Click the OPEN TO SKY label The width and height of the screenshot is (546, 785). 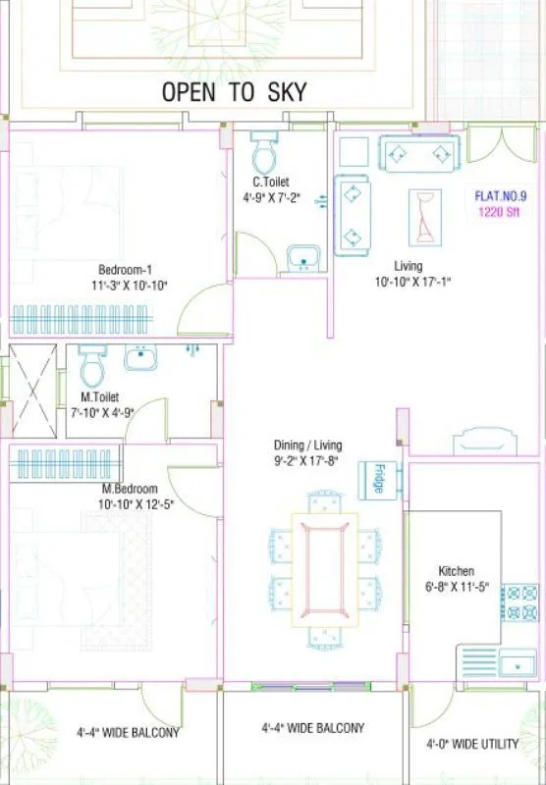click(234, 92)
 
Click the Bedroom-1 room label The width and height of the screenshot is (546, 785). click(125, 270)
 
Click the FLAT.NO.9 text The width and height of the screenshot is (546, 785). click(499, 195)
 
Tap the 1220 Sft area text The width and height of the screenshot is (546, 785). click(499, 210)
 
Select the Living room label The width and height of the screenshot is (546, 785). click(408, 266)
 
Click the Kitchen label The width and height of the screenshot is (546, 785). click(456, 571)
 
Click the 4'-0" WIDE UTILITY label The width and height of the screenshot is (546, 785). click(472, 745)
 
